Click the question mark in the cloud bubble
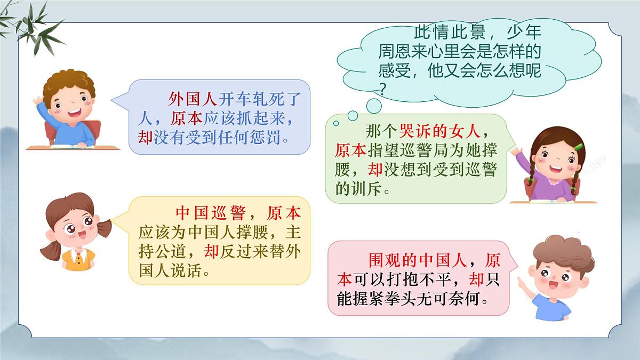click(x=382, y=89)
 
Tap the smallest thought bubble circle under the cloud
click(x=336, y=124)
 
